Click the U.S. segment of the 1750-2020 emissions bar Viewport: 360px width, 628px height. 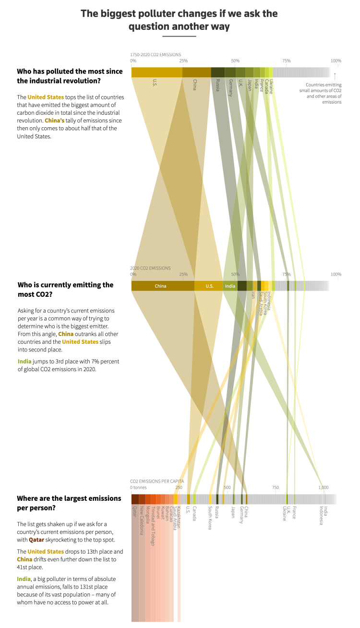(156, 72)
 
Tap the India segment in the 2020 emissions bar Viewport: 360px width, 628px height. (230, 286)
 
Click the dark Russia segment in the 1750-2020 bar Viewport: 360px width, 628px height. (217, 72)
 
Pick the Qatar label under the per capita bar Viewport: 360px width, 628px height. (135, 511)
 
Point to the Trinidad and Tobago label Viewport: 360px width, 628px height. (153, 526)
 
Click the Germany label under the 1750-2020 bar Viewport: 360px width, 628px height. (231, 88)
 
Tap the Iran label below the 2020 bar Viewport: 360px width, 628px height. (252, 295)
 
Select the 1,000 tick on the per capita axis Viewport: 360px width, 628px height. (324, 487)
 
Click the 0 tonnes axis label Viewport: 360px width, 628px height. (138, 487)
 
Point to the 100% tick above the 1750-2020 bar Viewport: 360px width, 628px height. (336, 61)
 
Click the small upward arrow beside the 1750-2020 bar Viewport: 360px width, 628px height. (335, 75)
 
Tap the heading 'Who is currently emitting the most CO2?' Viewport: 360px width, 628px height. (65, 289)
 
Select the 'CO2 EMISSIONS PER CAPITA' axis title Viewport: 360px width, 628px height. (157, 481)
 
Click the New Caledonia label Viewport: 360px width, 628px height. (142, 520)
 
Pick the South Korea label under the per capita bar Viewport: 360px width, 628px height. (210, 518)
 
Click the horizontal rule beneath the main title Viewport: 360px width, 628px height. (179, 36)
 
